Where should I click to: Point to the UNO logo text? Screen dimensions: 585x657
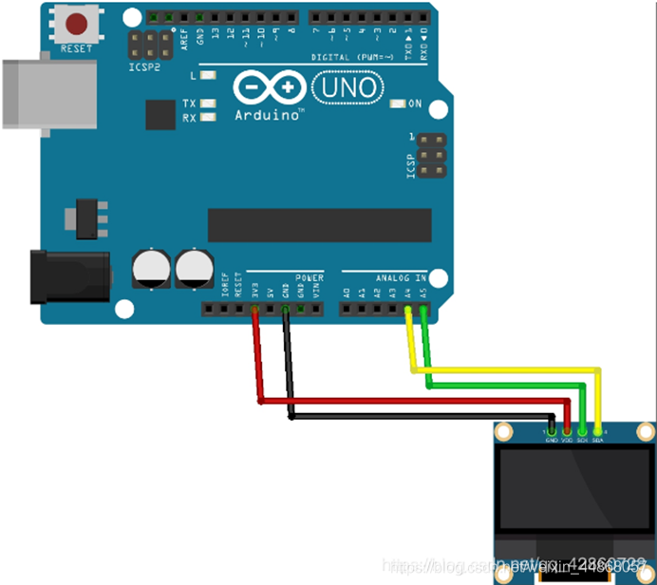[347, 88]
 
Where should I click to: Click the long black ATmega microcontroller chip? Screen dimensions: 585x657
[319, 225]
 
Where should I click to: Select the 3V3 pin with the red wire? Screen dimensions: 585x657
[254, 309]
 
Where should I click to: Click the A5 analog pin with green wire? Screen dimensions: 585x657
[423, 309]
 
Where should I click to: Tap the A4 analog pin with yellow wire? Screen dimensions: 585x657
[408, 309]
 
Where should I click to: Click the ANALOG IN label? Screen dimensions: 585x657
[400, 277]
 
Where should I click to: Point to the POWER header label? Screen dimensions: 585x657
[309, 277]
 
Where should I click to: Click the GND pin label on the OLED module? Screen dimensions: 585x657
[552, 439]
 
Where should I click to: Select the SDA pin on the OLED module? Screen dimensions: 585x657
[598, 439]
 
